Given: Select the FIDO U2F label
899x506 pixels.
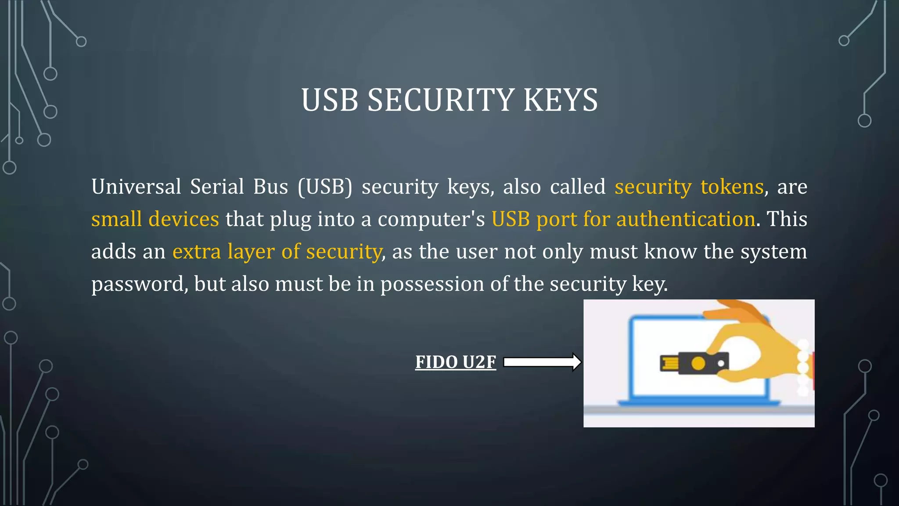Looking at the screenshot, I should [456, 362].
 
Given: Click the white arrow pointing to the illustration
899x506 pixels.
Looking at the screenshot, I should [542, 362].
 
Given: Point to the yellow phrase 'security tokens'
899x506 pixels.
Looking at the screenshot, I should [689, 187].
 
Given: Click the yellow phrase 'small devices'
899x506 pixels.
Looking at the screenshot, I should [155, 219].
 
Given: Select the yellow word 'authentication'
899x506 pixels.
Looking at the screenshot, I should [686, 219].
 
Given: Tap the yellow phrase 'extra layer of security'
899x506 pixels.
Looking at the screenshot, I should [277, 252].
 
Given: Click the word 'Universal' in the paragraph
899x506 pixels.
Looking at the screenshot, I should [136, 187].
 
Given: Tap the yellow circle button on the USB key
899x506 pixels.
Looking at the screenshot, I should [698, 363].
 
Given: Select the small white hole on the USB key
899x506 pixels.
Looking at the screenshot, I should [721, 363].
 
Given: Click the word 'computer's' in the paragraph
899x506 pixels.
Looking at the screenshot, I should [431, 219].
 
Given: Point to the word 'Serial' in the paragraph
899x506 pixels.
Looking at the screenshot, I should [217, 187].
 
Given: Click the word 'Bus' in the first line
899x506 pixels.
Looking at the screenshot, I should [270, 187].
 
